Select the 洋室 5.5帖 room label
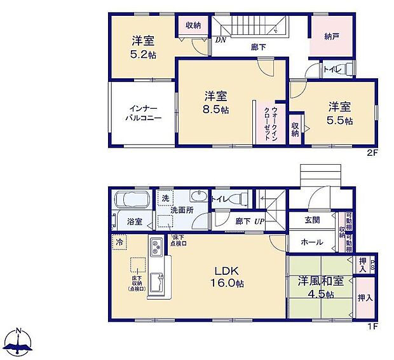[x=340, y=113]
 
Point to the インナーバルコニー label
[x=142, y=113]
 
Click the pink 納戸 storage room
[x=331, y=37]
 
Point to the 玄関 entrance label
[x=311, y=220]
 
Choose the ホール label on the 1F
[x=311, y=242]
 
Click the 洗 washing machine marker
[x=165, y=198]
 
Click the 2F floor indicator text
[x=372, y=153]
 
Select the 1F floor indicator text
[x=372, y=327]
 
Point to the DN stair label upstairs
[x=221, y=39]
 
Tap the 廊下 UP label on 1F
[x=248, y=221]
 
